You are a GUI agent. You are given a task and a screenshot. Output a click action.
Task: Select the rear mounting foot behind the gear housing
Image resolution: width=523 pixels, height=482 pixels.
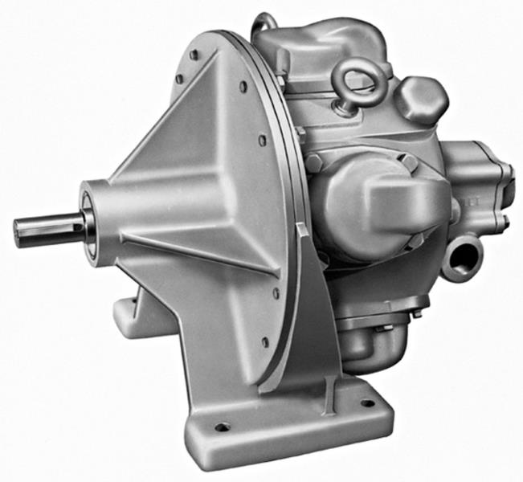129,317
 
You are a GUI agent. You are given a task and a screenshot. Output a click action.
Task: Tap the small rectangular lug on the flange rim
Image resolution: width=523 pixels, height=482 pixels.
300,232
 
